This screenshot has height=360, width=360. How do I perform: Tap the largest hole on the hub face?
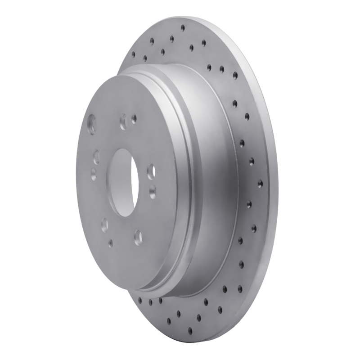pos(92,122)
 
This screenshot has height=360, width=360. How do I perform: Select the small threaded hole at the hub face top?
pos(134,118)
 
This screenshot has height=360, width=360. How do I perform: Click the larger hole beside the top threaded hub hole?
pos(123,121)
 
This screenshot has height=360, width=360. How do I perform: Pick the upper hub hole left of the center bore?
pos(96,157)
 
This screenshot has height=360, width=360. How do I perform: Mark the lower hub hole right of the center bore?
pos(152,189)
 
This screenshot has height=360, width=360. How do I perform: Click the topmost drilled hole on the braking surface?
pos(183,28)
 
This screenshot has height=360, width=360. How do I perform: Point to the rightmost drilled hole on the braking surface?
pos(260,184)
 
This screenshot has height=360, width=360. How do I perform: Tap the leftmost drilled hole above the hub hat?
pos(133,54)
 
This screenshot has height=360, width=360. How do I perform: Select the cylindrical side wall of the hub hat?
pos(211,180)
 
